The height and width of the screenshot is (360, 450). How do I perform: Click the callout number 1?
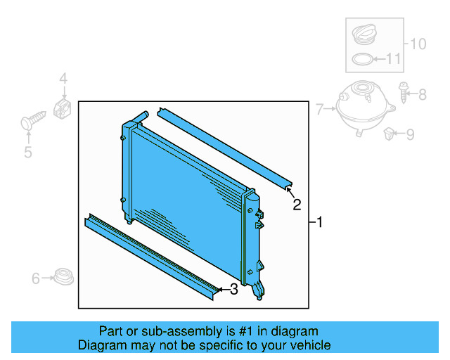pos(319,223)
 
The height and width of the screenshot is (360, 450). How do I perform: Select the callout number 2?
pos(297,205)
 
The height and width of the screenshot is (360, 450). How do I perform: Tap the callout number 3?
pos(233,289)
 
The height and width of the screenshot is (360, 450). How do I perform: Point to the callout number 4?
pos(63,79)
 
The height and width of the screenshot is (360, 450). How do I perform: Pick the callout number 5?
pos(28,151)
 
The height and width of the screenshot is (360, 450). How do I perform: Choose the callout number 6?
pos(36,279)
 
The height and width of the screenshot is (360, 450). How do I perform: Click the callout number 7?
pos(319,109)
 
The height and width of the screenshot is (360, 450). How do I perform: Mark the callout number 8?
pos(422,94)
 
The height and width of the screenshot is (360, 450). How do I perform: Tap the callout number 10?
pos(418,44)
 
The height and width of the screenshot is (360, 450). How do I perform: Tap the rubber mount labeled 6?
pos(64,277)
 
